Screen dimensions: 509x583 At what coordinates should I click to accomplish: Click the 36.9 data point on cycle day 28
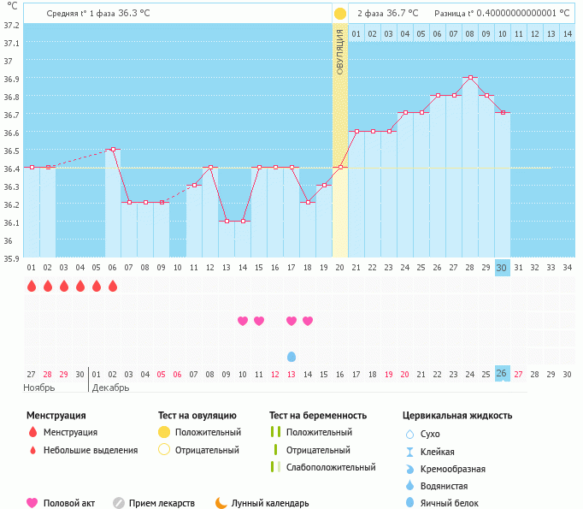coord(469,78)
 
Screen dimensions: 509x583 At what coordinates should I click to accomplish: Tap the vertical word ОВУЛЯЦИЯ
coord(340,51)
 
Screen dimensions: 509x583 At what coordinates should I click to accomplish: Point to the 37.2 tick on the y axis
coord(10,25)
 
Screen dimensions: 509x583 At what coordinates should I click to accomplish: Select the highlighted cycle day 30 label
coord(502,267)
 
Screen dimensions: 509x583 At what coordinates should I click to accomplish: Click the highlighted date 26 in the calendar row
coord(502,374)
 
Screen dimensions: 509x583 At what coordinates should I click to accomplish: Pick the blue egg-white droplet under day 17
coord(291,356)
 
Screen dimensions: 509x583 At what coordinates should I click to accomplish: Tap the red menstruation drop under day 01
coord(32,286)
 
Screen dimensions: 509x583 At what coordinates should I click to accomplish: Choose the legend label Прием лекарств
coord(162,503)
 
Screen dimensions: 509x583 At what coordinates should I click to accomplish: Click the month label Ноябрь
coord(39,388)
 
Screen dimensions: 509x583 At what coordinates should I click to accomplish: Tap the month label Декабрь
coord(111,388)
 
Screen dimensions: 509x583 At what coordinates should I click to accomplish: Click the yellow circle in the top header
coord(340,14)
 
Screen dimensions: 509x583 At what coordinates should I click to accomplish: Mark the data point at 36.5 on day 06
coord(113,150)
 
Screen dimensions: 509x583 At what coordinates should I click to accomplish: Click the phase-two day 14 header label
coord(567,33)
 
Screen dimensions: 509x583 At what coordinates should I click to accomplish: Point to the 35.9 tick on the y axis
coord(10,258)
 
